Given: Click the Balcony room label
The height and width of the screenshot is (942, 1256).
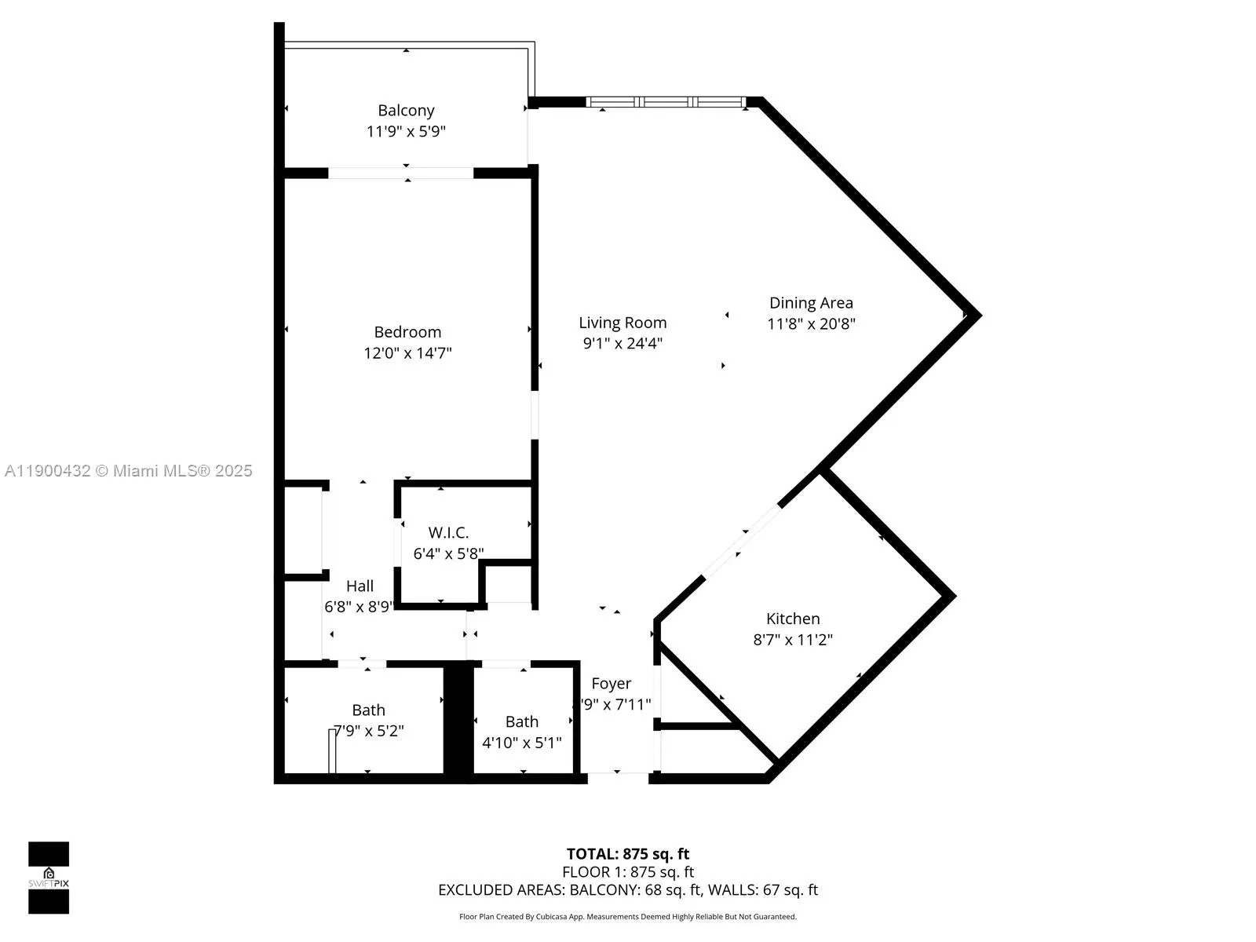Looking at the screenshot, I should tap(406, 111).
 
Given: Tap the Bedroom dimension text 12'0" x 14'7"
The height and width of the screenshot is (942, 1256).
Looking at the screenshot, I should tap(407, 353).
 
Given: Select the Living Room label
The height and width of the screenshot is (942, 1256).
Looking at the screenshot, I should tap(623, 323).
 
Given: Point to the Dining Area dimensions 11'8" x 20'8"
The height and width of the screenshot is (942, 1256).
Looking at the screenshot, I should tap(811, 323).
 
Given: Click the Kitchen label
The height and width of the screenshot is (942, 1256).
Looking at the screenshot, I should tap(793, 619).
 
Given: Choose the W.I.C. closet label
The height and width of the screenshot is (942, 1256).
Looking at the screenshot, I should tap(448, 533).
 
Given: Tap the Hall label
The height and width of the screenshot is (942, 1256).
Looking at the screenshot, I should tap(360, 586).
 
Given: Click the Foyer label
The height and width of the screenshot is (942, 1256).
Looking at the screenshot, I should tap(611, 684).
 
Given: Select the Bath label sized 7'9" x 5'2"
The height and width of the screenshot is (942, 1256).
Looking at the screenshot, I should tap(368, 710).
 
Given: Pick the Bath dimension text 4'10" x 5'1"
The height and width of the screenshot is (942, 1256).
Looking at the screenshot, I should tap(522, 743).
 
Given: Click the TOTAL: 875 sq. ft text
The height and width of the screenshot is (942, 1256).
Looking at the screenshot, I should tap(628, 854).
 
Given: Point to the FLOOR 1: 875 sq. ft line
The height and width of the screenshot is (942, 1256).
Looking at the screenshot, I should tap(628, 872).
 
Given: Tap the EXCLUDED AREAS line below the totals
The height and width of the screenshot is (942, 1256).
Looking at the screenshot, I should tap(628, 890).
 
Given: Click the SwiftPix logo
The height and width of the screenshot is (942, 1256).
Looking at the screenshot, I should tap(49, 878).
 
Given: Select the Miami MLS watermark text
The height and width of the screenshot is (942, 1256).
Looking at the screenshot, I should tap(128, 471).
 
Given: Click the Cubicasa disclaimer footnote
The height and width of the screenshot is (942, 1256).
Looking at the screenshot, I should tap(628, 917).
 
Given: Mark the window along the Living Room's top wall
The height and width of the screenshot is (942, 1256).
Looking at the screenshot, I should tap(666, 102).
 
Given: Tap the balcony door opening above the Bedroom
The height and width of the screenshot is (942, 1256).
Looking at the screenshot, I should tap(400, 173).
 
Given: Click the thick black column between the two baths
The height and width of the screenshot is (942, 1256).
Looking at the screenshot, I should tap(458, 721).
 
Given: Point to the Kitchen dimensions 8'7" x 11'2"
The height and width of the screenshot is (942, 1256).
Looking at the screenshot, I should tap(793, 640).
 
